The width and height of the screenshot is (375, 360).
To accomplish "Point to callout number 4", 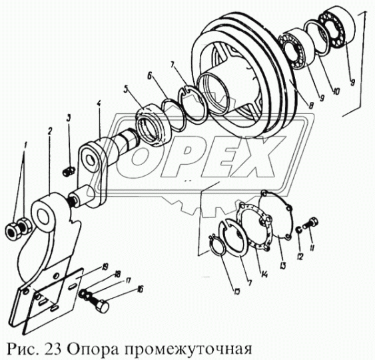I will [98, 105].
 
